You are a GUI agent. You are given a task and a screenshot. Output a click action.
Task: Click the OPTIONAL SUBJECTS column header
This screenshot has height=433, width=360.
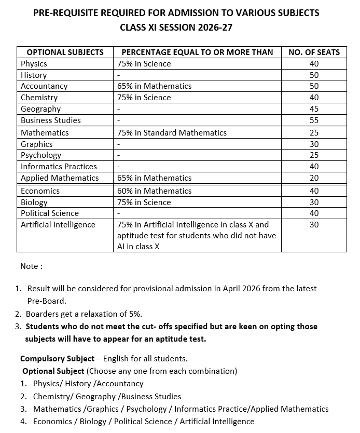[x=65, y=52]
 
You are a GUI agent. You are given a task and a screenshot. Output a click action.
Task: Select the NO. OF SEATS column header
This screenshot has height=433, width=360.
[x=314, y=52]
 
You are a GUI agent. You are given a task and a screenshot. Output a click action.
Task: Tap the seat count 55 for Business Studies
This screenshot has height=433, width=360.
[x=314, y=120]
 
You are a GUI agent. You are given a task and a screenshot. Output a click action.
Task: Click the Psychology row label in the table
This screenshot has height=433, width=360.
[x=41, y=155]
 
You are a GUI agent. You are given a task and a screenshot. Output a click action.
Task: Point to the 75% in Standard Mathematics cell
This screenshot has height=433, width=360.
[x=172, y=132]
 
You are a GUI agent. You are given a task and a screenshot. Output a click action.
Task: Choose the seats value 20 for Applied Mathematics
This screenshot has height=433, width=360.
[x=314, y=178]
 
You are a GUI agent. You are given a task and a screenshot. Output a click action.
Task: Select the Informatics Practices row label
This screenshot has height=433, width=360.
[x=59, y=166]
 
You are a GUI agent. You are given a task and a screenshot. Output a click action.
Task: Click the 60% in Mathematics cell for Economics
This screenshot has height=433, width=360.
[x=155, y=191]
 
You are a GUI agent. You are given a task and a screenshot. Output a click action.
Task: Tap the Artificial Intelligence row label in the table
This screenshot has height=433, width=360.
[x=58, y=224]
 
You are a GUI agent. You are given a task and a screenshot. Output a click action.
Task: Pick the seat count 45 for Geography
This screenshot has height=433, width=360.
[x=314, y=109]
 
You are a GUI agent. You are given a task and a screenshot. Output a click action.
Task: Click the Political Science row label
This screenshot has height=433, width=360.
[x=50, y=213]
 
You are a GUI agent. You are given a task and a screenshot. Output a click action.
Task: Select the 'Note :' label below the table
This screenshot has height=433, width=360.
[x=31, y=266]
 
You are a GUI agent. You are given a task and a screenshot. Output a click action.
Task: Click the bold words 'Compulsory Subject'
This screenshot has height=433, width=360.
[x=57, y=358]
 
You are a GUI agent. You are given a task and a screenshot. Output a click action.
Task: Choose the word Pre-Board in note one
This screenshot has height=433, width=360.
[x=47, y=301]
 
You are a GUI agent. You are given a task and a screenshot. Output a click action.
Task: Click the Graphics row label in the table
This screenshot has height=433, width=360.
[x=37, y=144]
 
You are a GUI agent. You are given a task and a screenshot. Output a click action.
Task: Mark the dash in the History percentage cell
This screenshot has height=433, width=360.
[x=119, y=75]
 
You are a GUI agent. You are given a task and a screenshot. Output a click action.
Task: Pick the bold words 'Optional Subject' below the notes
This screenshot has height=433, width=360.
[x=53, y=371]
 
